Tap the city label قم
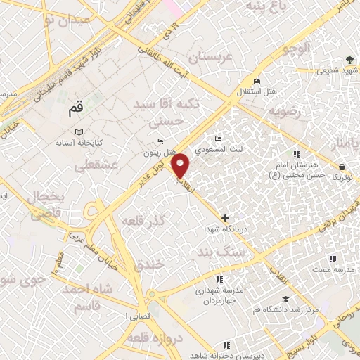click(x=76, y=110)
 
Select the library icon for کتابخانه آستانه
click(x=79, y=131)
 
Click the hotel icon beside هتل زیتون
click(x=160, y=141)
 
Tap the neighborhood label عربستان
click(x=204, y=56)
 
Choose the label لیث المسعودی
click(x=249, y=149)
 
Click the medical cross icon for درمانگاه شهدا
click(x=225, y=218)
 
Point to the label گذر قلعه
click(x=148, y=221)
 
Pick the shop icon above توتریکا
click(x=342, y=167)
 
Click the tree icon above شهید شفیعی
click(x=349, y=60)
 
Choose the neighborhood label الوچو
click(x=293, y=49)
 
